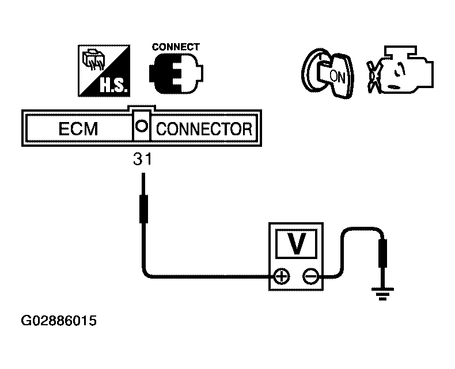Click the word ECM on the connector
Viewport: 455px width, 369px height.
(x=78, y=128)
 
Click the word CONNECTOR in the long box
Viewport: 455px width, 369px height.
(x=204, y=129)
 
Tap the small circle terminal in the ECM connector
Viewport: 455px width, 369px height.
(x=142, y=127)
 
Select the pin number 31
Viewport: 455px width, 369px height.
(x=142, y=159)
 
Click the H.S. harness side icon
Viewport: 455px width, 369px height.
(x=104, y=71)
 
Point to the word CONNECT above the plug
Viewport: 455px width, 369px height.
(x=176, y=47)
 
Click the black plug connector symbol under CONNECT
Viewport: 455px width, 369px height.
(x=176, y=73)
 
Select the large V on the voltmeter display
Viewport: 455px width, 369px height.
(x=296, y=243)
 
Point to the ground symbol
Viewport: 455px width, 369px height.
(x=383, y=294)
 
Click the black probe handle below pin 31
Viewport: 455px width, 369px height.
(x=143, y=209)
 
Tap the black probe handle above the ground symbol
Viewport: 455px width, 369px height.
(x=383, y=253)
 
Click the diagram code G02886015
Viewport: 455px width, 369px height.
(x=59, y=321)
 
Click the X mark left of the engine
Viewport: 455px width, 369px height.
(x=373, y=77)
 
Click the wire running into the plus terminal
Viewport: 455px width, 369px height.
(x=203, y=277)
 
